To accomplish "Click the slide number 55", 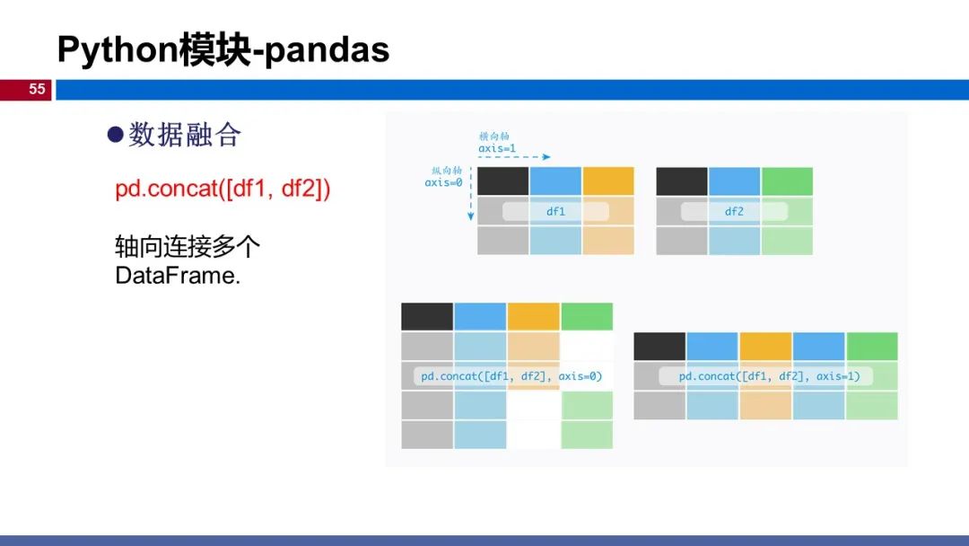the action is pyautogui.click(x=37, y=89).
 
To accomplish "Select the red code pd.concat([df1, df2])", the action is pyautogui.click(x=223, y=189).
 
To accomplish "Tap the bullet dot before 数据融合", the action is pyautogui.click(x=116, y=134).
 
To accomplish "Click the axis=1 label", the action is pyautogui.click(x=497, y=148).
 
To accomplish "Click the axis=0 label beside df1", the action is pyautogui.click(x=443, y=182).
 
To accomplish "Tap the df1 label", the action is pyautogui.click(x=555, y=211).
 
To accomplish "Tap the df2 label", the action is pyautogui.click(x=734, y=211).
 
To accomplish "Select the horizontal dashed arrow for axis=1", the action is pyautogui.click(x=514, y=157).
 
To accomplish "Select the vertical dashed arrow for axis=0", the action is pyautogui.click(x=471, y=194).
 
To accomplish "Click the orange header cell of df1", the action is pyautogui.click(x=608, y=181).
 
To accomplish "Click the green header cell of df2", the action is pyautogui.click(x=788, y=181).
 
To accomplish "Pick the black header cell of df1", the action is pyautogui.click(x=503, y=181).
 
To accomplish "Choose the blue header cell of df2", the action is pyautogui.click(x=734, y=181).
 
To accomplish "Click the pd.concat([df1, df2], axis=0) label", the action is pyautogui.click(x=511, y=376).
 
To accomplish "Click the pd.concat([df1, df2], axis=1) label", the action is pyautogui.click(x=770, y=376).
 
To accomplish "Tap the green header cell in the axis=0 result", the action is pyautogui.click(x=587, y=317).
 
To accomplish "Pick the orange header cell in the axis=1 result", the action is pyautogui.click(x=765, y=347).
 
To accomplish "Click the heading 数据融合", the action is pyautogui.click(x=185, y=135).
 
